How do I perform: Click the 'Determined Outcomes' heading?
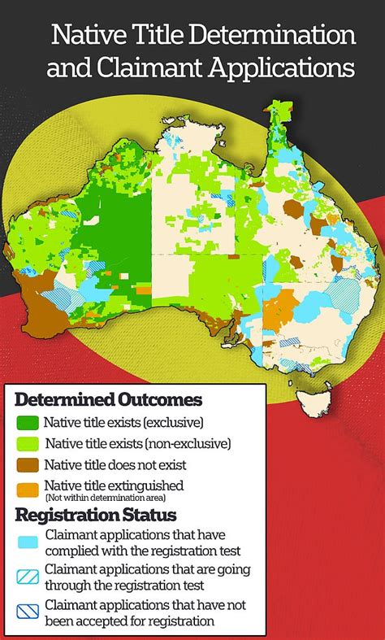tap(108, 400)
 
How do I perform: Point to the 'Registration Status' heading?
tap(95, 515)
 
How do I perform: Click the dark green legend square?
tap(28, 423)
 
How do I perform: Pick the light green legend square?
tap(28, 444)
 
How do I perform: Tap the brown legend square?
tap(28, 465)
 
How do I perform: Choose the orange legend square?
tap(28, 489)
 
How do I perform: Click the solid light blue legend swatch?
tap(28, 542)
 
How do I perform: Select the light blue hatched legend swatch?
tap(28, 576)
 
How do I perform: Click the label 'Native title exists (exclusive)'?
tap(123, 423)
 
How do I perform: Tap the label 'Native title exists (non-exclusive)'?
tap(138, 444)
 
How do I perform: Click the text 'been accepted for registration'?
tap(130, 620)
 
